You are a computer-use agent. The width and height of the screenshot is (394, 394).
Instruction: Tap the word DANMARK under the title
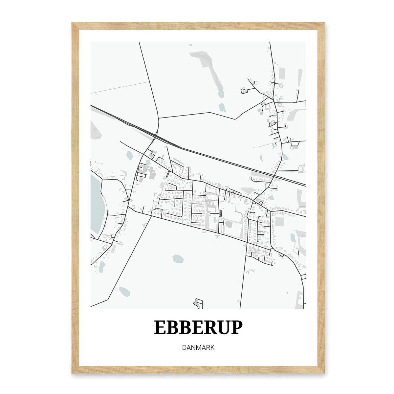(198, 347)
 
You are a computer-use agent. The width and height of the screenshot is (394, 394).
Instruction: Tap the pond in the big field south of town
(178, 258)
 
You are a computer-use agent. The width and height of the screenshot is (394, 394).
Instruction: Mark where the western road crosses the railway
(156, 136)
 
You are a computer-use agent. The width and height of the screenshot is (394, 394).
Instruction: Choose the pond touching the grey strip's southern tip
(221, 94)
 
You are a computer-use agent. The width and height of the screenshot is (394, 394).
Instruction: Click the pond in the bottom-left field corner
(124, 291)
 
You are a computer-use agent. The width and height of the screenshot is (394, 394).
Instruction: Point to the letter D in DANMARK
(183, 347)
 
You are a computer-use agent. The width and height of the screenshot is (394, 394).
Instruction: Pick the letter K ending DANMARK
(212, 347)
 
